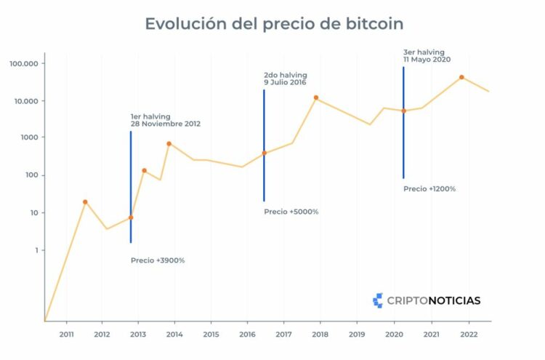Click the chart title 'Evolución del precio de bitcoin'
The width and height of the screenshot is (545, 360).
[x=274, y=23]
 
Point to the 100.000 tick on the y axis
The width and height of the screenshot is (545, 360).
[x=23, y=63]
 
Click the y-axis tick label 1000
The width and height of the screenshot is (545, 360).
[x=28, y=137]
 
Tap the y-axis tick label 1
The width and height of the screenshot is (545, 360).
[x=33, y=250]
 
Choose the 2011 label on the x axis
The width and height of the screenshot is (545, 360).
[x=66, y=334]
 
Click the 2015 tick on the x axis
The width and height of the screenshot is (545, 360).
[x=211, y=334]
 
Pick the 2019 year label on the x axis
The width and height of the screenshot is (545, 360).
[x=357, y=334]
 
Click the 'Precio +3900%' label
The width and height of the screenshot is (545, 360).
[x=158, y=260]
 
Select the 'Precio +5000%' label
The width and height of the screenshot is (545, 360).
[x=291, y=212]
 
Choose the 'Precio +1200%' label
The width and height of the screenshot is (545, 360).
[x=429, y=188]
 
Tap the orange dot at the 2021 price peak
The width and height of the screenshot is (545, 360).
[x=461, y=77]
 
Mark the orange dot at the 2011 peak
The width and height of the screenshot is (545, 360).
[x=85, y=202]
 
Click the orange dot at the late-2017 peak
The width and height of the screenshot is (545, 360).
[x=316, y=97]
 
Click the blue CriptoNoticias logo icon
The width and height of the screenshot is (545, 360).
[x=378, y=300]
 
